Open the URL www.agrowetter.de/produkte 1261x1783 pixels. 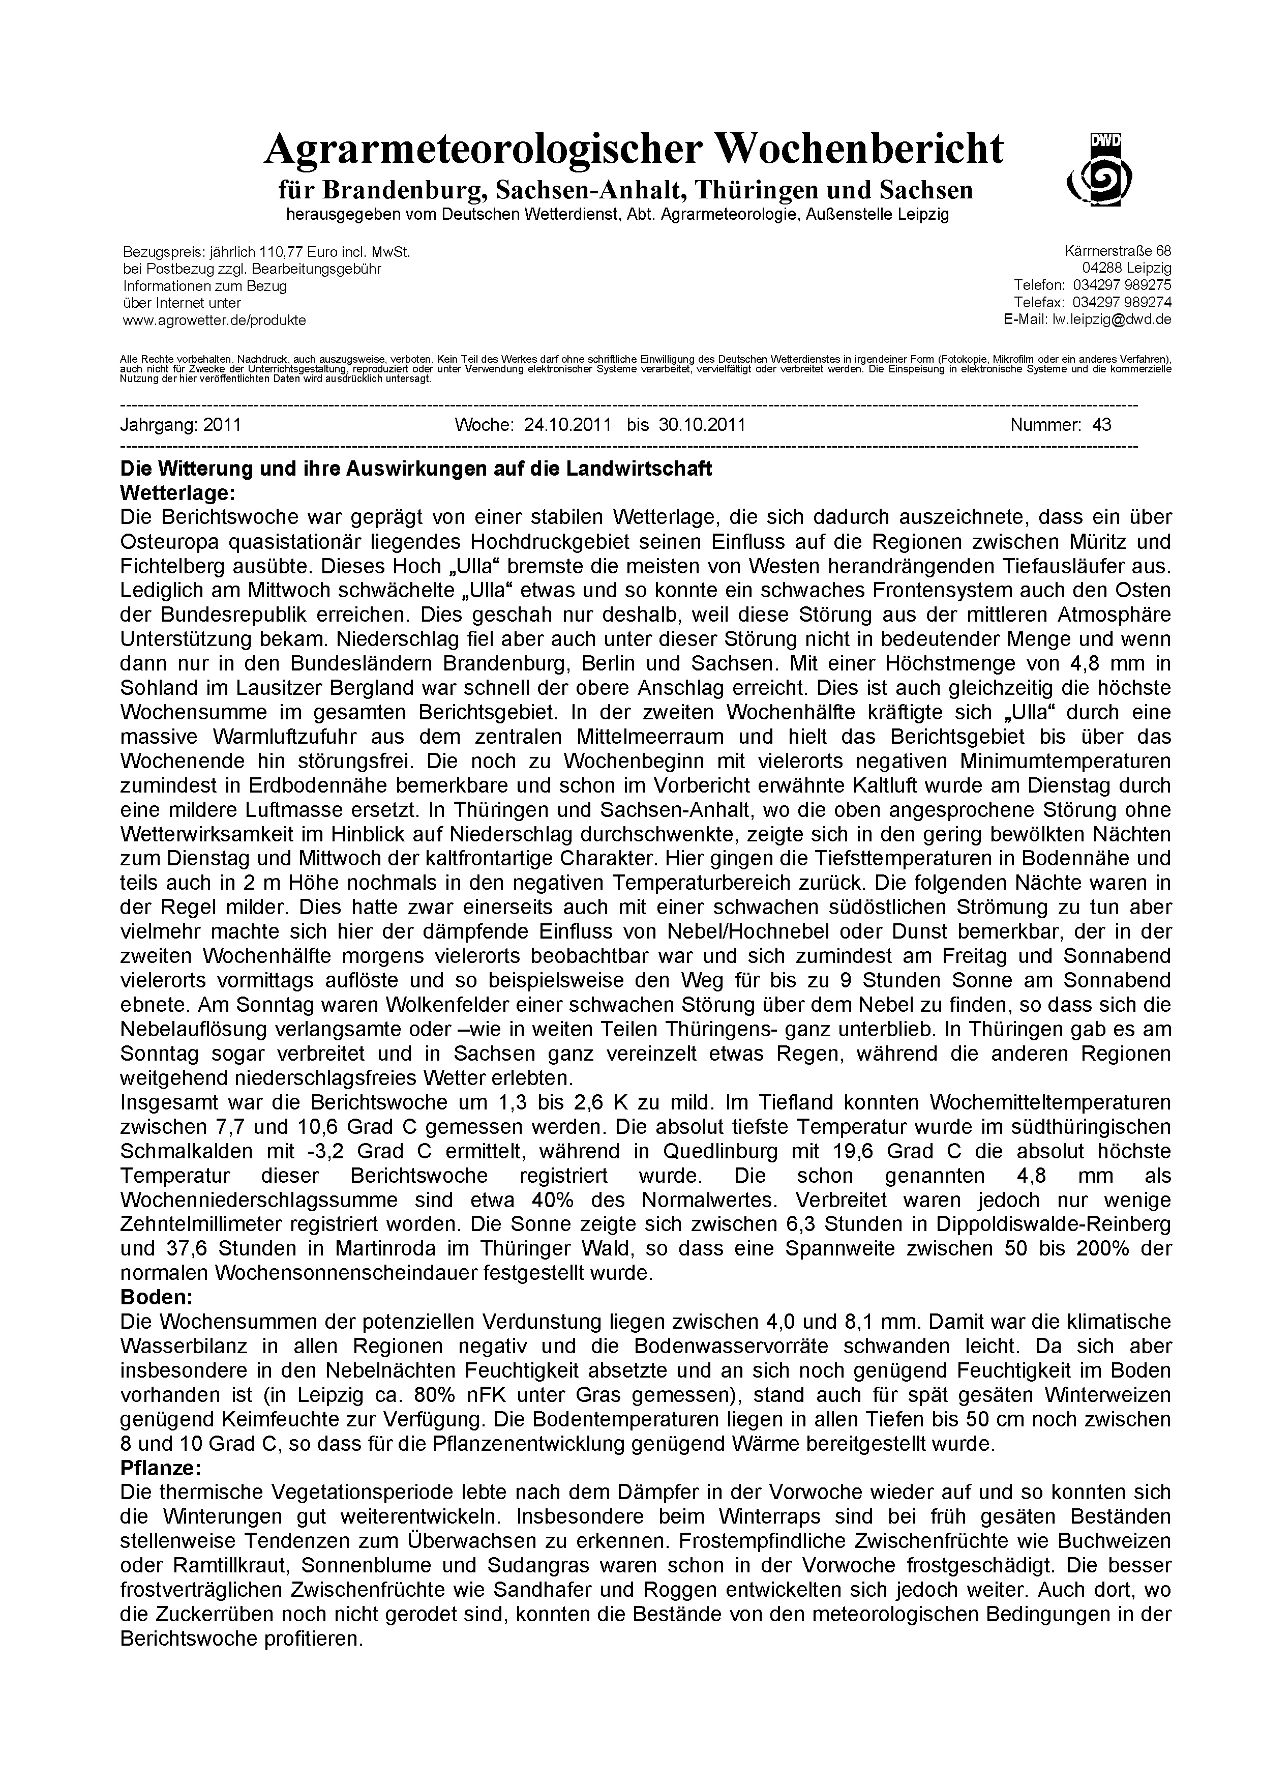pos(214,320)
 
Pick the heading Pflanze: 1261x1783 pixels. pos(161,1468)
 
